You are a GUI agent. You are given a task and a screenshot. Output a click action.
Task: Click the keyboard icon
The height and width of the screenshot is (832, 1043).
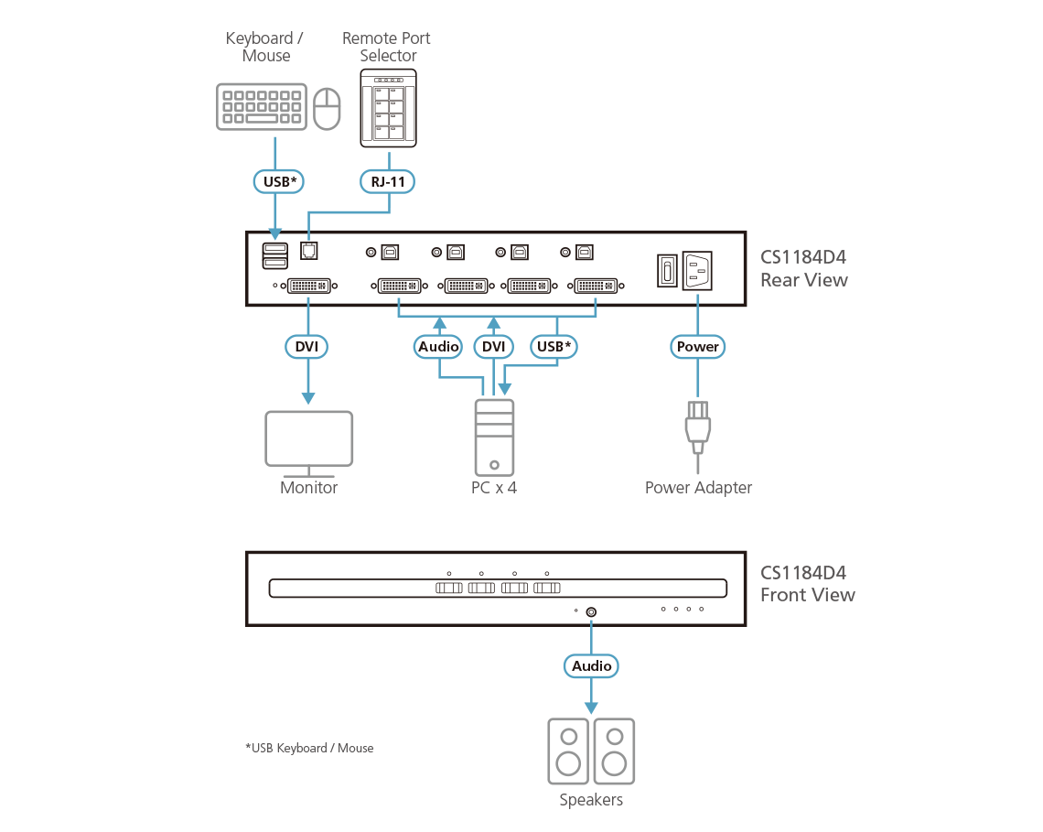(262, 107)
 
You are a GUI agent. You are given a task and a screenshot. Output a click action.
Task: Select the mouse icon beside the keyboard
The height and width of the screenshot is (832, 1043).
(327, 109)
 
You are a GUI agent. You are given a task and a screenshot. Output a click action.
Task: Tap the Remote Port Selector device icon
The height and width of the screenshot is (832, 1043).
(389, 108)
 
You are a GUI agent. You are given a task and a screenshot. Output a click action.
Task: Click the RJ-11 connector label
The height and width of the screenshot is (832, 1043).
(387, 182)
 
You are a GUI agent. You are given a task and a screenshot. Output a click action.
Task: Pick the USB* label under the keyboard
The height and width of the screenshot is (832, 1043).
(277, 182)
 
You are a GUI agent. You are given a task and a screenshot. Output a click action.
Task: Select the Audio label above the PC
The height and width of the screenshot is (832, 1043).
(438, 347)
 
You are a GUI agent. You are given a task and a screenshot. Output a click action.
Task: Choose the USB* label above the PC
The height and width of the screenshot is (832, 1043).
(555, 347)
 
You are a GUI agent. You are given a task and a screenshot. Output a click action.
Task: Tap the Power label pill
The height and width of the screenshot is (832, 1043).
(698, 347)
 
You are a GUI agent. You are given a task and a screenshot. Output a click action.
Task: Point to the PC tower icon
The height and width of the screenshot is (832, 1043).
(494, 437)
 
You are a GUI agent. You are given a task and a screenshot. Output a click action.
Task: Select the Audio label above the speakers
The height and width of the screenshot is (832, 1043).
(591, 666)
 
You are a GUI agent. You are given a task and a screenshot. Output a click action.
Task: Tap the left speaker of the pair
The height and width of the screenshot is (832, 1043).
(568, 751)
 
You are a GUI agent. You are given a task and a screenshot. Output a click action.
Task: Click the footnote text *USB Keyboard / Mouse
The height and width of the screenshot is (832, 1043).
(309, 748)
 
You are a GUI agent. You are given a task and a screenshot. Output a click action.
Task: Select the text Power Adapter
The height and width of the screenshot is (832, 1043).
(698, 488)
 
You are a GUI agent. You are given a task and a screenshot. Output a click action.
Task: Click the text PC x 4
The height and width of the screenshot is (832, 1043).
(494, 488)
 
